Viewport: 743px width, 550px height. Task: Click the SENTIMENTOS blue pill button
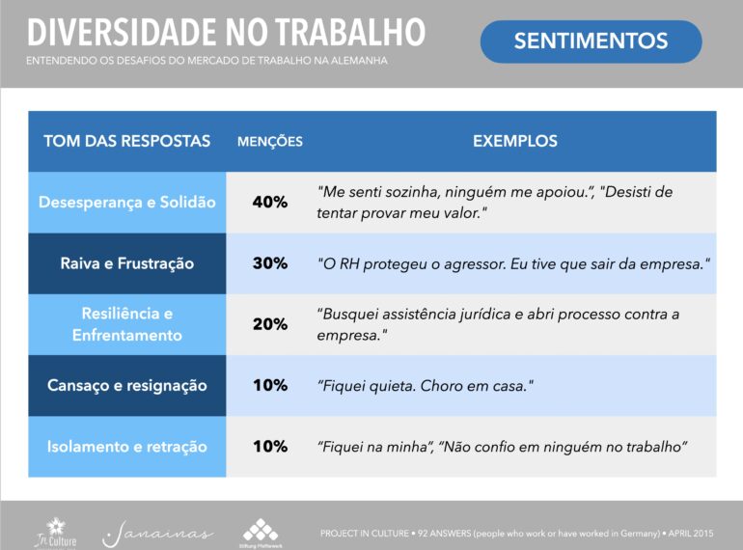pos(591,41)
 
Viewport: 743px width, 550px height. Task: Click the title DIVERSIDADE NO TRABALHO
pos(226,32)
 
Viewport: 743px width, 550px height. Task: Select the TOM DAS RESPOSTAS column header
pos(127,141)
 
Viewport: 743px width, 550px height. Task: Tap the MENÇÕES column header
pos(269,141)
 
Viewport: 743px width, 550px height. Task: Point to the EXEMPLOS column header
pos(515,141)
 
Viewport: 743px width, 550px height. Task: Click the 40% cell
pos(270,203)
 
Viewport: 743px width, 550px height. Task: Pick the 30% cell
pos(270,263)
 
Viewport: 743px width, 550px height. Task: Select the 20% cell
pos(270,324)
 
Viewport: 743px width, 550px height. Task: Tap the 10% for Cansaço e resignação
pos(270,385)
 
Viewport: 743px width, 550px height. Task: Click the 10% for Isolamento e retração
pos(270,446)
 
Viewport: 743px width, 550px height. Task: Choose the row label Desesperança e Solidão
pos(127,203)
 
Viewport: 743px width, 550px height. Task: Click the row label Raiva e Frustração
pos(127,263)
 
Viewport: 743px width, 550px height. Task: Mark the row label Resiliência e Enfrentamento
pos(127,324)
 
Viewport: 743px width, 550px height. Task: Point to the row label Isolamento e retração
pos(127,447)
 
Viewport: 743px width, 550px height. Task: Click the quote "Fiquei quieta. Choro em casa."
pos(426,386)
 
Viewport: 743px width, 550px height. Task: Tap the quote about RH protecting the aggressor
pos(513,263)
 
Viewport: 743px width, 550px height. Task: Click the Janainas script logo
pos(158,535)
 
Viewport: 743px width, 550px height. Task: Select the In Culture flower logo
pos(55,533)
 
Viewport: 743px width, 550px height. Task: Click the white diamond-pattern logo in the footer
pos(261,533)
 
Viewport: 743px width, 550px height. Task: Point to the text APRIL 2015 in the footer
pos(690,534)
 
